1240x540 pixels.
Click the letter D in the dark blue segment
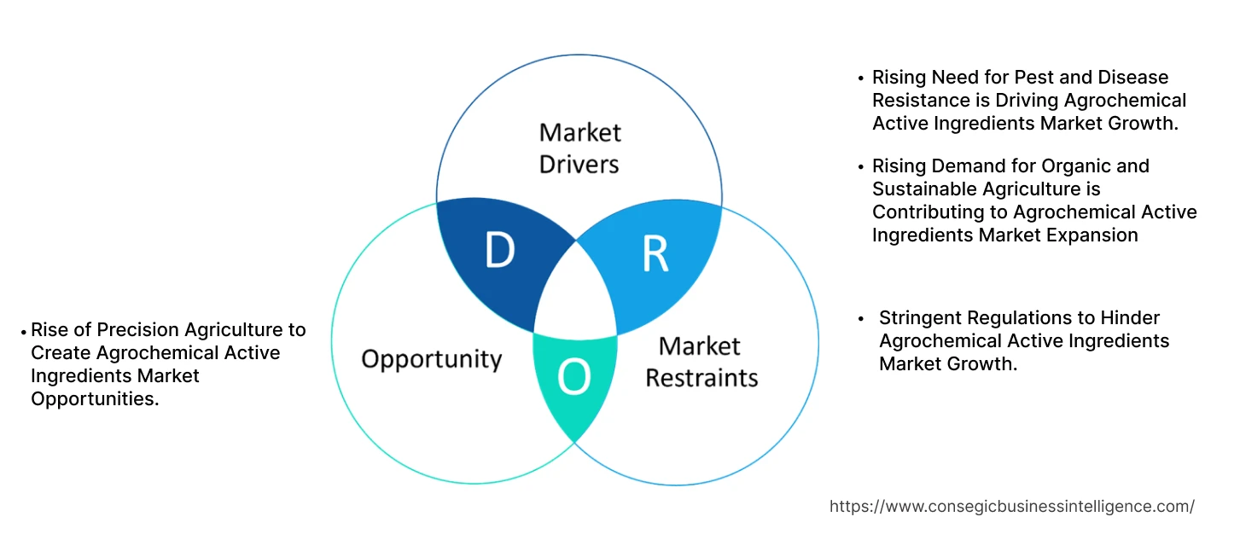pos(499,250)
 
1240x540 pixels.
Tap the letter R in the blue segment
pos(655,253)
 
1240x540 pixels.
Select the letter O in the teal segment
pos(573,378)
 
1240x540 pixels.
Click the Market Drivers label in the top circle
pos(579,148)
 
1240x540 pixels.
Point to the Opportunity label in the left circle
pos(431,358)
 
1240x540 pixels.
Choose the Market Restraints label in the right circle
pos(701,361)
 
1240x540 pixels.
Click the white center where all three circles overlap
pos(576,294)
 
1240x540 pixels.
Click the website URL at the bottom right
pos(1011,506)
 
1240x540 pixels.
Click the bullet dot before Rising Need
pos(860,78)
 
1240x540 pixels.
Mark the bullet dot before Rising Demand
pos(860,166)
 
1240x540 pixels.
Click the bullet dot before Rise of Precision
pos(23,331)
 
